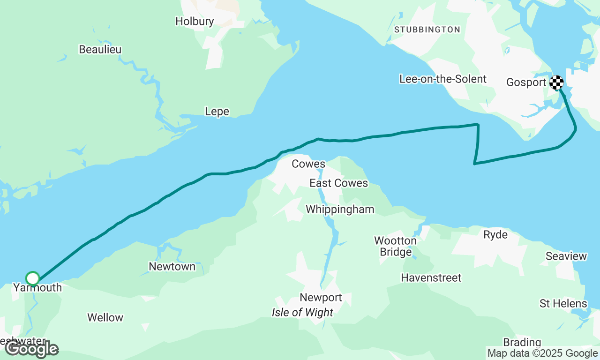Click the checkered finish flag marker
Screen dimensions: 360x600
point(556,83)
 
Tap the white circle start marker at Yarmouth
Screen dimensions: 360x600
point(33,278)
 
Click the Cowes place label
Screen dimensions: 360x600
point(308,164)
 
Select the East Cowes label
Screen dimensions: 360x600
point(338,183)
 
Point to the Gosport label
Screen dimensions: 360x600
point(526,82)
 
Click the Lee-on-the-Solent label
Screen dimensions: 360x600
point(443,79)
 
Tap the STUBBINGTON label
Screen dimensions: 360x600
point(427,30)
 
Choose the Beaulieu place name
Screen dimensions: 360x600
point(100,49)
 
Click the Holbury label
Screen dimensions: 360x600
point(195,21)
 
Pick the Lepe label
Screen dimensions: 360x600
point(217,111)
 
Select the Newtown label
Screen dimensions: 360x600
point(172,266)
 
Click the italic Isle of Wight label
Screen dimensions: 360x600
point(302,312)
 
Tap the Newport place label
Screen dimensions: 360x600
point(321,297)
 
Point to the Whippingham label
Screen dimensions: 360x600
point(340,209)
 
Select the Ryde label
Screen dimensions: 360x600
point(495,234)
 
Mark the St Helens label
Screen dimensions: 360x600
point(563,303)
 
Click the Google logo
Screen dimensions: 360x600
point(31,349)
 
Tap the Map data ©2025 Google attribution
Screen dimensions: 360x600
point(542,353)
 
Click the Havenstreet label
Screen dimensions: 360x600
point(431,277)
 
